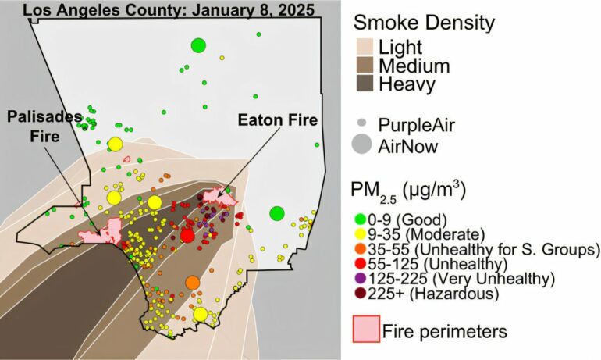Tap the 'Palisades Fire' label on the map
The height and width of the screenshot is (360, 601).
44,125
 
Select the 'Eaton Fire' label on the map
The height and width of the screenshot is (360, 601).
277,120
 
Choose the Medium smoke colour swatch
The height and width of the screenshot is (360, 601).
365,66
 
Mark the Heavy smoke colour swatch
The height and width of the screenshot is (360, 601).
365,84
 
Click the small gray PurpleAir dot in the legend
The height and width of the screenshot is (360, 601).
361,123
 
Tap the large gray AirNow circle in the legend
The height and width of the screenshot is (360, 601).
361,144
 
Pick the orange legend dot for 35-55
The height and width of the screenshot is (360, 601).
360,249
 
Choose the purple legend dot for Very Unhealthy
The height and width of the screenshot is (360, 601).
360,279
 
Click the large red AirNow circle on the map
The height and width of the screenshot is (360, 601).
187,235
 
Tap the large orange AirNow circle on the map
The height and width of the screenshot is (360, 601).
193,282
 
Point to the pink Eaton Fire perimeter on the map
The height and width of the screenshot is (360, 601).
219,198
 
